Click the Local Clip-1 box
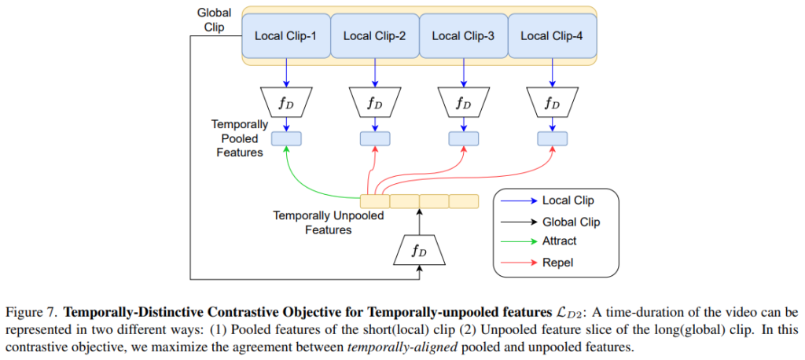pos(286,36)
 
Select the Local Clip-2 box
pos(375,36)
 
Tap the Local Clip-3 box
pos(464,36)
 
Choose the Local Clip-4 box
pos(553,36)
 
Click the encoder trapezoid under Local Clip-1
pos(286,101)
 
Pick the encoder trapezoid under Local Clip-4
pos(553,101)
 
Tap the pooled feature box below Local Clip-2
pos(375,138)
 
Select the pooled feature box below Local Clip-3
pos(464,138)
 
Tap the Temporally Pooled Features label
pos(240,138)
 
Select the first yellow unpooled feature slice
pos(374,201)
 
